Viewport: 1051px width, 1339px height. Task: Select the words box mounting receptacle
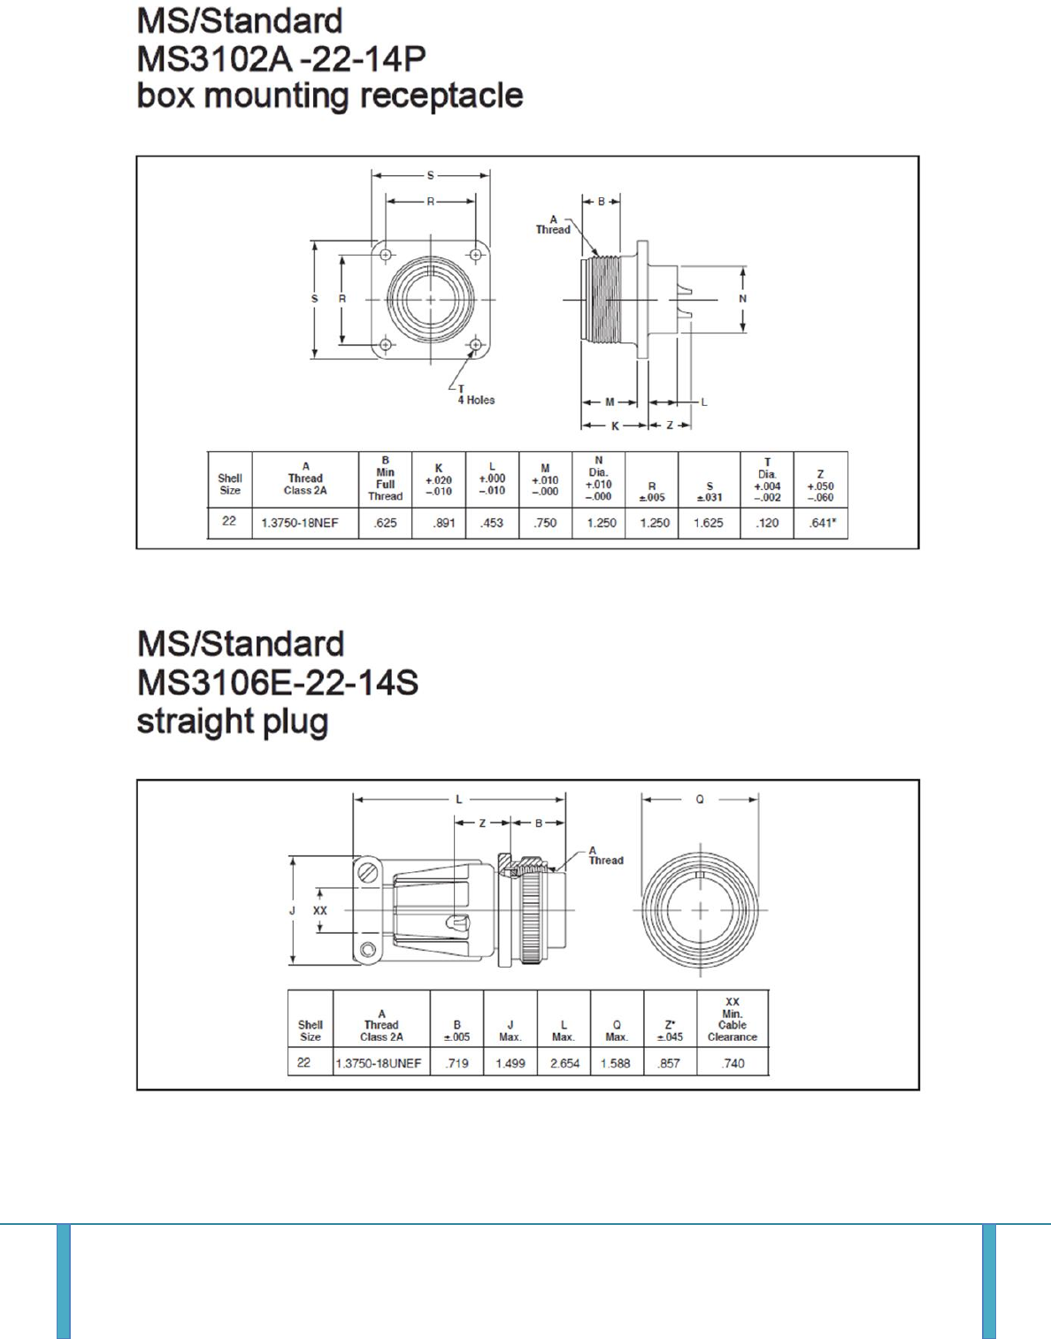click(330, 96)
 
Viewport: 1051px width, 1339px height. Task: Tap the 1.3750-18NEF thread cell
click(300, 524)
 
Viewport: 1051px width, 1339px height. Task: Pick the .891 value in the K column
click(443, 524)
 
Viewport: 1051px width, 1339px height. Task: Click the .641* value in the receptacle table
click(822, 524)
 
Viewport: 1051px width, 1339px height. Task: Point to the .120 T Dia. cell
click(767, 524)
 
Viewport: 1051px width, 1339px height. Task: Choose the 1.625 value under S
click(709, 524)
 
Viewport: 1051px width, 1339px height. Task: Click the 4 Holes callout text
click(476, 400)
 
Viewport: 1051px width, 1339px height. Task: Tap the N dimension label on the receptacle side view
click(742, 299)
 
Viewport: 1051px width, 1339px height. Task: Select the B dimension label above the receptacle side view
click(601, 202)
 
